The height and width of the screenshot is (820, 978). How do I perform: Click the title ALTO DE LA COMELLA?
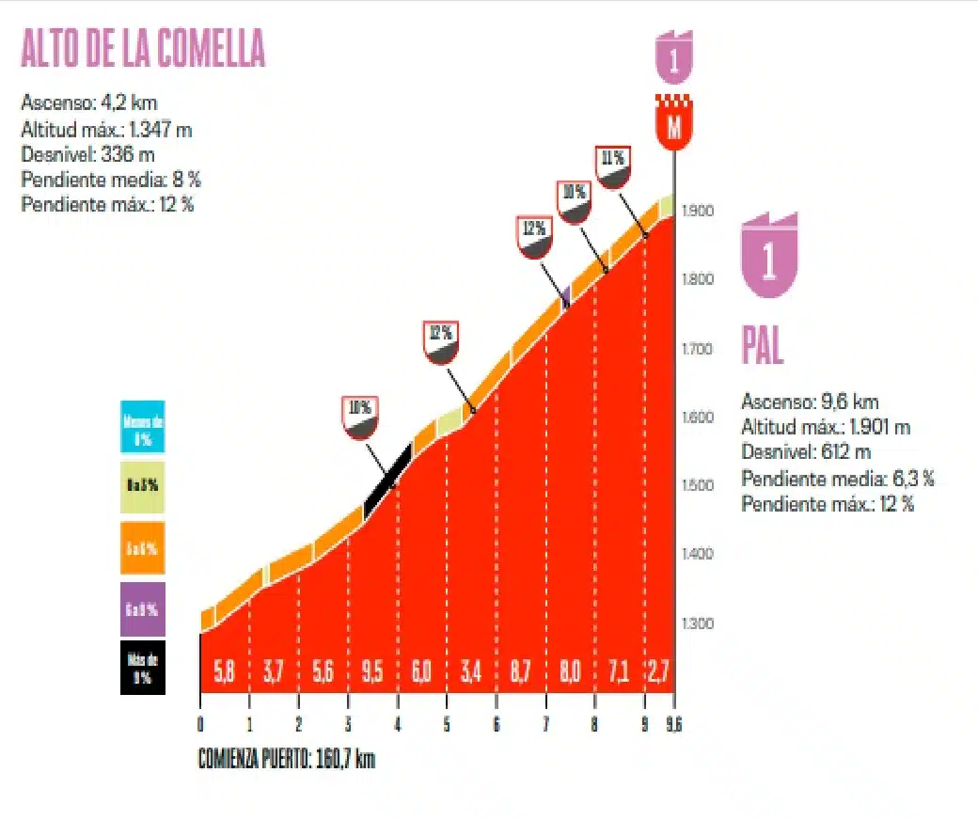[x=143, y=49]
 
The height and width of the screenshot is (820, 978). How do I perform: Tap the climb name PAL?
[x=763, y=346]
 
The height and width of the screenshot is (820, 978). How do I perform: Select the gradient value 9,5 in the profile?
[x=372, y=673]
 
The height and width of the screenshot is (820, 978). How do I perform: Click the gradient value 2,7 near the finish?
[x=658, y=673]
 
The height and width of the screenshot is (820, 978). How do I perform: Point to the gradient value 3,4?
[x=471, y=673]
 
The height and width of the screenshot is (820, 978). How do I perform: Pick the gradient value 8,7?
[x=521, y=673]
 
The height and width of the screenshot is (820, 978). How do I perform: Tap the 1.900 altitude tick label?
[x=700, y=211]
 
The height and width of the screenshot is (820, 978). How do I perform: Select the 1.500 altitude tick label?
[x=700, y=485]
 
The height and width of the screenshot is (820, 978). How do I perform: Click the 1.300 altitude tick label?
[x=700, y=623]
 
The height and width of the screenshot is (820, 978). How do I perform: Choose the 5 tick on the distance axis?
[x=447, y=724]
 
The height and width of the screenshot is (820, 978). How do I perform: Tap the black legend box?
[x=143, y=668]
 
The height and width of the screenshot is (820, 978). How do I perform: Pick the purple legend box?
[x=143, y=608]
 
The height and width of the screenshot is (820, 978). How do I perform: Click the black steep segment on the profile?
[x=387, y=480]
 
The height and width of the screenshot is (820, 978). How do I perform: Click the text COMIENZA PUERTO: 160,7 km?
[x=286, y=759]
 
